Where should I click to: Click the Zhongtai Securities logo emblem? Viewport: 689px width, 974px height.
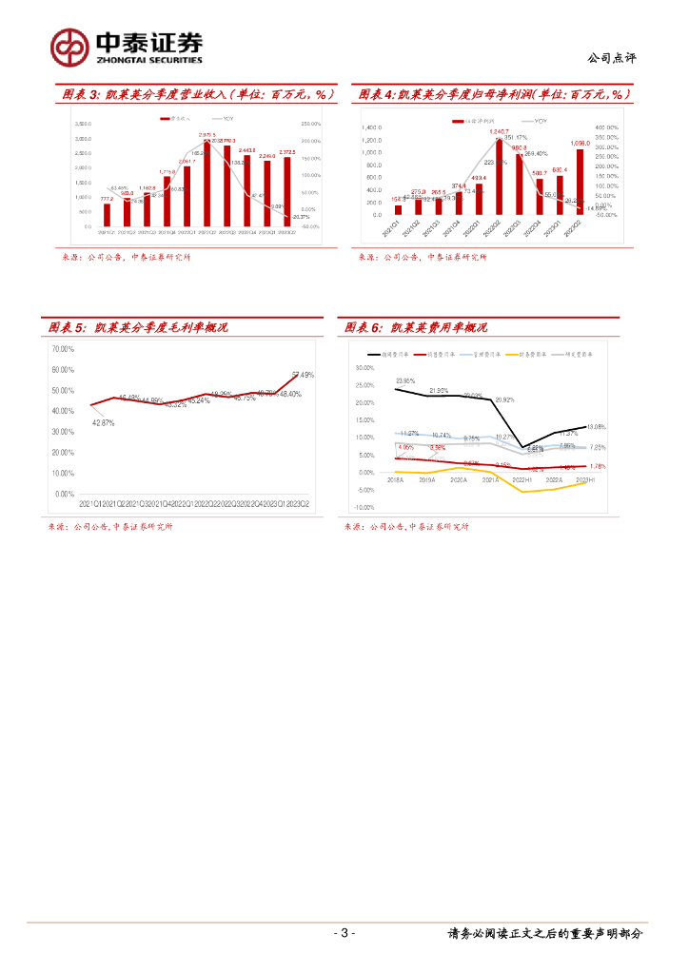(x=69, y=46)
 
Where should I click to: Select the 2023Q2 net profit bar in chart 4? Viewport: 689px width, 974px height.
(x=580, y=182)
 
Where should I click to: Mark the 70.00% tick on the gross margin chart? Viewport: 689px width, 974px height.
(x=63, y=349)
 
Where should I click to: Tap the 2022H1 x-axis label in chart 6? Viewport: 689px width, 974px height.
(x=584, y=480)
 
